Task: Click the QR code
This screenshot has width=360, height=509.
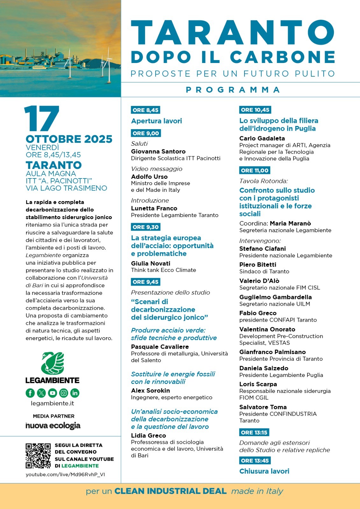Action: tap(38, 456)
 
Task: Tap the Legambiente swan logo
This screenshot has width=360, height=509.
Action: tap(53, 363)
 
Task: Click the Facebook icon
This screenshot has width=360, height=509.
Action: tap(30, 393)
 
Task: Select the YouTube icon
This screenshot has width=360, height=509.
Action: tap(53, 393)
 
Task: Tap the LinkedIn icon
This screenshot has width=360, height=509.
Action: tap(75, 393)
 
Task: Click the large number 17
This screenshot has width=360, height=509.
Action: tap(42, 119)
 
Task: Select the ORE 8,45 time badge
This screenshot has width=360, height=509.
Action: tap(145, 110)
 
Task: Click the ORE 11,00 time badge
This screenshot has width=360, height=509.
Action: tap(255, 171)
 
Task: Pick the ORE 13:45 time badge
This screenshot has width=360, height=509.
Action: tap(255, 461)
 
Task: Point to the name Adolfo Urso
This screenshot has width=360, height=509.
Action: tap(149, 177)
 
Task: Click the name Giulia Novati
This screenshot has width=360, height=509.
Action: tap(151, 263)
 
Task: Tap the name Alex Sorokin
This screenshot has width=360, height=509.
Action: tap(150, 390)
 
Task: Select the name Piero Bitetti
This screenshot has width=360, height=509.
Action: tap(258, 265)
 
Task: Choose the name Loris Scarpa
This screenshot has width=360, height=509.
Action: tap(258, 384)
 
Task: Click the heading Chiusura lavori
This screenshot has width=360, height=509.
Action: tap(264, 471)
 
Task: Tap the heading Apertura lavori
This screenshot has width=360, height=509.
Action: tap(156, 121)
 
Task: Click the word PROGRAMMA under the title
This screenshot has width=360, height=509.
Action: tap(233, 90)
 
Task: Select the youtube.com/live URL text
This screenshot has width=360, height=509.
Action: tap(65, 474)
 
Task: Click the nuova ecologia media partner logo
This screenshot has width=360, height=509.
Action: tap(53, 426)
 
